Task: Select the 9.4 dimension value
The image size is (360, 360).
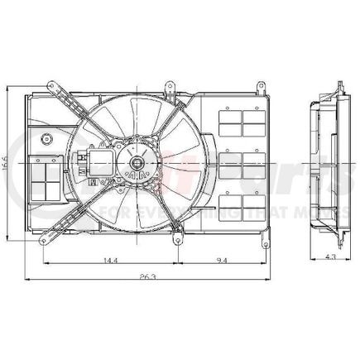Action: (220, 261)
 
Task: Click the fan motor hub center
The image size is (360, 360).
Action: (135, 165)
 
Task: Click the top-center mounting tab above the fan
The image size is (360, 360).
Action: (170, 84)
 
